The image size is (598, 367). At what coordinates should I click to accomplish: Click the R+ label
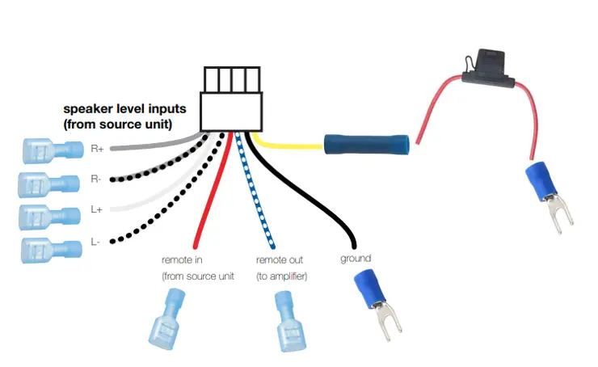click(96, 149)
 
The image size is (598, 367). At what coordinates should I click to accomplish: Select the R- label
click(96, 179)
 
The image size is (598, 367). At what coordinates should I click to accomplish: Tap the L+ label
click(96, 209)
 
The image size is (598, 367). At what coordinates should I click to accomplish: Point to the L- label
click(96, 240)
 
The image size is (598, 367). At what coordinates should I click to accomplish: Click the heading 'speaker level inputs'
click(124, 108)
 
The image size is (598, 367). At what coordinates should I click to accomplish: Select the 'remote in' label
click(183, 260)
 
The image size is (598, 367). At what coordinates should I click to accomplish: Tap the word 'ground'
click(355, 259)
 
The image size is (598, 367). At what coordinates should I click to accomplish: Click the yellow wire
click(291, 147)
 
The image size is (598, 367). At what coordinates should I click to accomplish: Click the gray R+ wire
click(154, 146)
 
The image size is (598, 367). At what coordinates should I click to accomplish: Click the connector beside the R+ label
click(53, 150)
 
